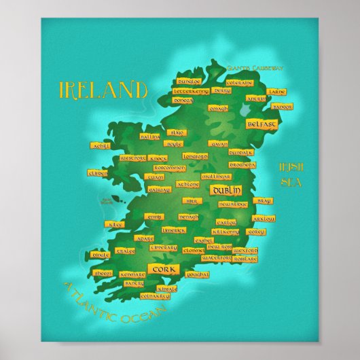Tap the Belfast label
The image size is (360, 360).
(x=262, y=125)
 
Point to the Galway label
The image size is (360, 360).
(x=158, y=190)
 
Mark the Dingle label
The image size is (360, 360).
(x=102, y=254)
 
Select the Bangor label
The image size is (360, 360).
(x=281, y=107)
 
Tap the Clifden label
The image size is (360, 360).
(x=98, y=174)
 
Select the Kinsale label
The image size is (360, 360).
(x=167, y=288)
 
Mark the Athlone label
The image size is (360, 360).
(x=189, y=184)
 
